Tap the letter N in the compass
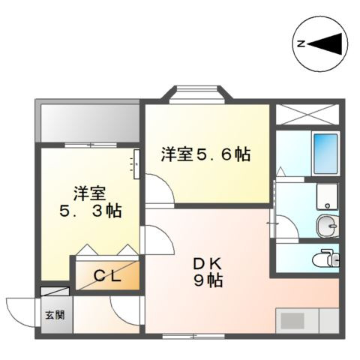[x=301, y=44]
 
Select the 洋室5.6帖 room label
[x=205, y=155]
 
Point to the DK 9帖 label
[x=205, y=271]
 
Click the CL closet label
[x=106, y=275]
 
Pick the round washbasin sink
[x=326, y=225]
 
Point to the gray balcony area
[x=88, y=119]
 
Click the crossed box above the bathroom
[x=307, y=114]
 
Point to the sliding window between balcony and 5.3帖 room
[x=88, y=144]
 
